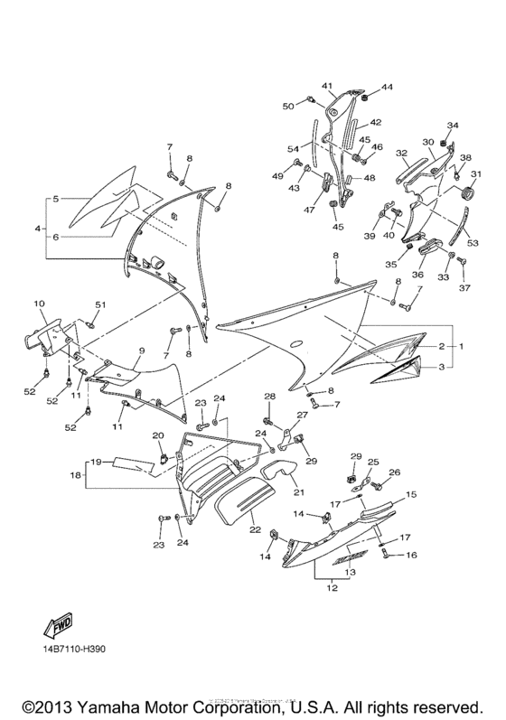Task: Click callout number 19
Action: point(94,461)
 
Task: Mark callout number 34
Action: point(454,126)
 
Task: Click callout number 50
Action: point(288,107)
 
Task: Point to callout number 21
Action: point(296,492)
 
